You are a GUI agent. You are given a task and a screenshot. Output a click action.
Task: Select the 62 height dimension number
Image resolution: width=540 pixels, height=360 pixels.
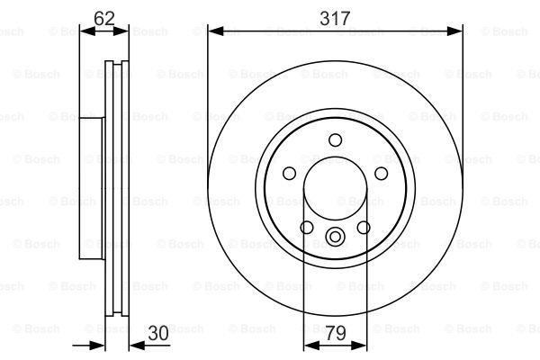pos(103,16)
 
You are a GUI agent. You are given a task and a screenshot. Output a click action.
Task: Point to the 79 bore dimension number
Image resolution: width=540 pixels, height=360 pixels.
pos(335,332)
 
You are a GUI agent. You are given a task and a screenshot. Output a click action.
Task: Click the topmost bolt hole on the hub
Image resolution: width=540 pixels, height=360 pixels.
pos(336,139)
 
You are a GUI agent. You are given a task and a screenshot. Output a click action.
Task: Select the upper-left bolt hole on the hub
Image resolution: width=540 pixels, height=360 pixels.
pos(290,174)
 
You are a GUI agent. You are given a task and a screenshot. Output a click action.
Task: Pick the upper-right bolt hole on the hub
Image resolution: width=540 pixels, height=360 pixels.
pos(381,174)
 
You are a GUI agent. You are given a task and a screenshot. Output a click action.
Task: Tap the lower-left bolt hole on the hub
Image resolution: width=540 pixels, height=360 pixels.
pos(307,228)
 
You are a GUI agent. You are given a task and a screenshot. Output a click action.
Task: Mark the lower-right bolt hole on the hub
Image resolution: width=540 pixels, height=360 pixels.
pos(364,228)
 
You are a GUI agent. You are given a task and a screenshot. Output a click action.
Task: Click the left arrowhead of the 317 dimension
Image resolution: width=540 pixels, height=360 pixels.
pos(213,30)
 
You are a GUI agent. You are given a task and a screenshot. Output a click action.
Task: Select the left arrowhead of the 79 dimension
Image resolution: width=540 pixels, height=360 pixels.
pos(307,345)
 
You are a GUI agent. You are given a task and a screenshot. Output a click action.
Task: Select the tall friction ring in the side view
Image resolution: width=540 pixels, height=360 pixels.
pos(115,188)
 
